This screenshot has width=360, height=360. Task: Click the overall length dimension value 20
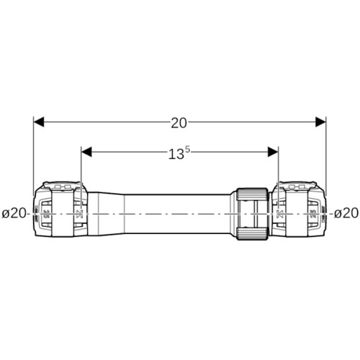pos(179,123)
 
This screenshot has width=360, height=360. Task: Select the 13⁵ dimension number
pos(179,153)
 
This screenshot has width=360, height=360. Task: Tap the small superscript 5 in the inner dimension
pos(188,150)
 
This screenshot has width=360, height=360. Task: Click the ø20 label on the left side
pos(14,213)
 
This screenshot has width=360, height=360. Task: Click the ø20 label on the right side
pos(346,213)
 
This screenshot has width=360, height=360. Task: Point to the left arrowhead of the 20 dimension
pos(39,122)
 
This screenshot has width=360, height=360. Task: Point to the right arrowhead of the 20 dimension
pos(320,122)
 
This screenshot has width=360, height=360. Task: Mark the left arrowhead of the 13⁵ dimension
pos(86,152)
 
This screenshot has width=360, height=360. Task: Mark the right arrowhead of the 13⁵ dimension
pos(273,152)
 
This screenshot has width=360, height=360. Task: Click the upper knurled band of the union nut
pos(252,193)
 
